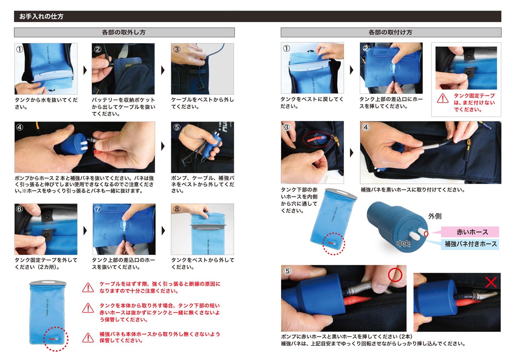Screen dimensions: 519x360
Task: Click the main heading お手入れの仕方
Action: point(41,16)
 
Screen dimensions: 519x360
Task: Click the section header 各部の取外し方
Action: point(124,32)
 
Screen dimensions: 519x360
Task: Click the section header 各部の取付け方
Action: point(391,32)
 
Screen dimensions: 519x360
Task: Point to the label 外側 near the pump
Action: point(435,216)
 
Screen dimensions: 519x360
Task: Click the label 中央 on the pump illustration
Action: point(404,244)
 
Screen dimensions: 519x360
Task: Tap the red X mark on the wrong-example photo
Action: point(491,282)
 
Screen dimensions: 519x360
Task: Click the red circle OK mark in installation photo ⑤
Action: point(395,275)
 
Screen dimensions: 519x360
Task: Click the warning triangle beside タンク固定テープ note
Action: point(443,98)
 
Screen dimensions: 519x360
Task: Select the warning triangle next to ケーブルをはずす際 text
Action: point(88,287)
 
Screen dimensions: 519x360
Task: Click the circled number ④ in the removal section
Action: point(20,127)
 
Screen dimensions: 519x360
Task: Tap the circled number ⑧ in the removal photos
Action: point(177,209)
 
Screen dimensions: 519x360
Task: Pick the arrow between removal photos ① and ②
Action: point(85,70)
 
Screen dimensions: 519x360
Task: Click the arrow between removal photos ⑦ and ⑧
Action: point(163,231)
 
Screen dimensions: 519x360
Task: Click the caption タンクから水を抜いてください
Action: point(46,103)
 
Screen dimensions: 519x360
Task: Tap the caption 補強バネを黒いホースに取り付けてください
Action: point(413,190)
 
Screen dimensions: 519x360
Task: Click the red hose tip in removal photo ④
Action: point(95,152)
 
